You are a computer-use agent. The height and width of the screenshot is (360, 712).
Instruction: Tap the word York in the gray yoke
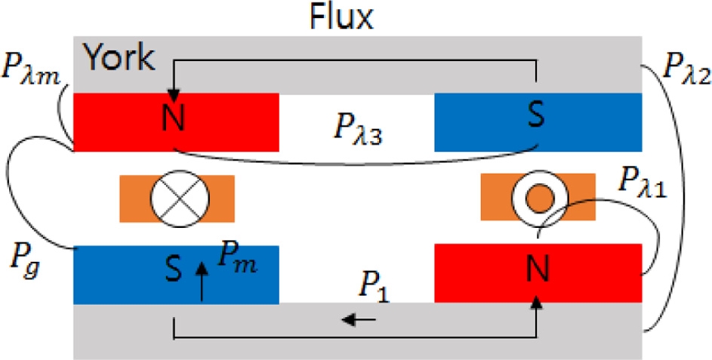pos(119,55)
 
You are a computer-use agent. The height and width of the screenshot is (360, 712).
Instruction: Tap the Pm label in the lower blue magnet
pos(237,260)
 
